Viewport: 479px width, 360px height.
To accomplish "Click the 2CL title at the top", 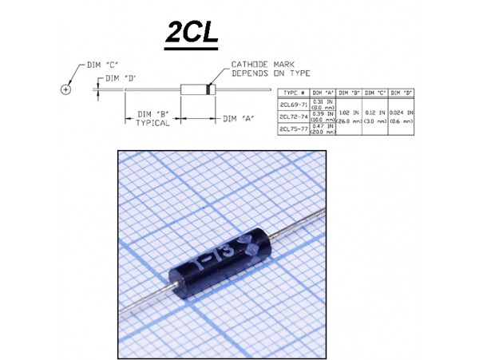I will point(191,34).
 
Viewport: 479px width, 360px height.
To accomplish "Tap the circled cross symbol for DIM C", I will point(65,89).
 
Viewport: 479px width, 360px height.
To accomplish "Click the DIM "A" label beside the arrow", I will point(237,117).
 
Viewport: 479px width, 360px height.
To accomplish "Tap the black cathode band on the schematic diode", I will point(210,90).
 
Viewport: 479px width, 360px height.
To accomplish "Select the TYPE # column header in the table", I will point(295,93).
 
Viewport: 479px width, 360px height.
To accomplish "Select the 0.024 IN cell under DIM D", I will point(401,113).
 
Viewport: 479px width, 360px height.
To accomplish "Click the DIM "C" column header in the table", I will point(375,93).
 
